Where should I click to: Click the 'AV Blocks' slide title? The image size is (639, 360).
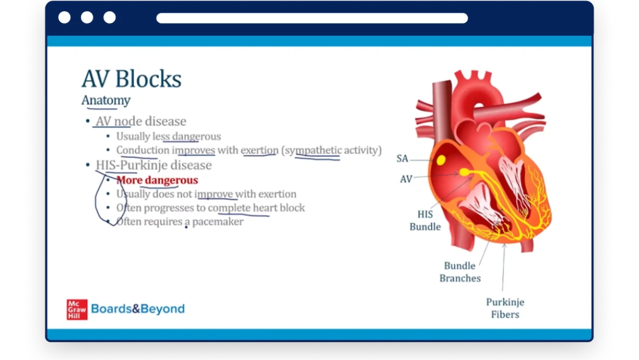[132, 79]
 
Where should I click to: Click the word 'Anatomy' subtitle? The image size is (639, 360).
[106, 100]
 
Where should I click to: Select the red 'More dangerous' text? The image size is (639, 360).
[157, 180]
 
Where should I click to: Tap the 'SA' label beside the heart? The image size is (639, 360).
[402, 158]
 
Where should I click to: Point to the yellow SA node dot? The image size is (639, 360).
[441, 160]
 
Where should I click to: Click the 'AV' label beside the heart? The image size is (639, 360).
[406, 179]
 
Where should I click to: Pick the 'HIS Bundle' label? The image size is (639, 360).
[425, 221]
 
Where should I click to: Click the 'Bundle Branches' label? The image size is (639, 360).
[460, 272]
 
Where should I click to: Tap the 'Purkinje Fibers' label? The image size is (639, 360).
[505, 308]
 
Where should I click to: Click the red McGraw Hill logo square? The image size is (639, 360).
[77, 309]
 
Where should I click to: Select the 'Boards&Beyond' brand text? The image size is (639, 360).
[138, 309]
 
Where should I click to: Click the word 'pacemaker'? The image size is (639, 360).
[218, 222]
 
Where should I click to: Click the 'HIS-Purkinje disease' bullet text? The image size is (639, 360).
[154, 165]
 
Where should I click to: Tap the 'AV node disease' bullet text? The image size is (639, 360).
[141, 122]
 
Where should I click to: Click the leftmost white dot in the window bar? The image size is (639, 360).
[64, 17]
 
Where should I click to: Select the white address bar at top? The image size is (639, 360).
[312, 18]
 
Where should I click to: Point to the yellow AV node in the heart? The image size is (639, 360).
[464, 172]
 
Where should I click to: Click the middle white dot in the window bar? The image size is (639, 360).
[87, 17]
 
